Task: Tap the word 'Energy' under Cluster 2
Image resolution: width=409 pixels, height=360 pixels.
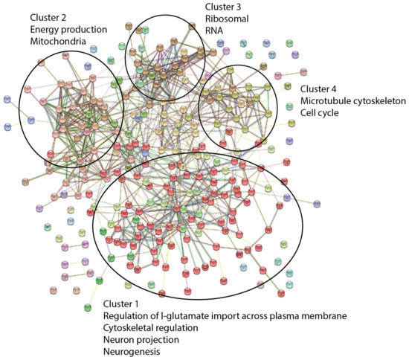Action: click(45, 29)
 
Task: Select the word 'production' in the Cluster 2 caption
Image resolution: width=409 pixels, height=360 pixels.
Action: click(84, 29)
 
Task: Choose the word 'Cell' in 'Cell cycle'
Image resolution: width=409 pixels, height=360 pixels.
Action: click(309, 113)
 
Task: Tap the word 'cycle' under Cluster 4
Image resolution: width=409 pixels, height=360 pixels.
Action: click(334, 113)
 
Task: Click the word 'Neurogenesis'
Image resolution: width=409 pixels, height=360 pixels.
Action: click(131, 353)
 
